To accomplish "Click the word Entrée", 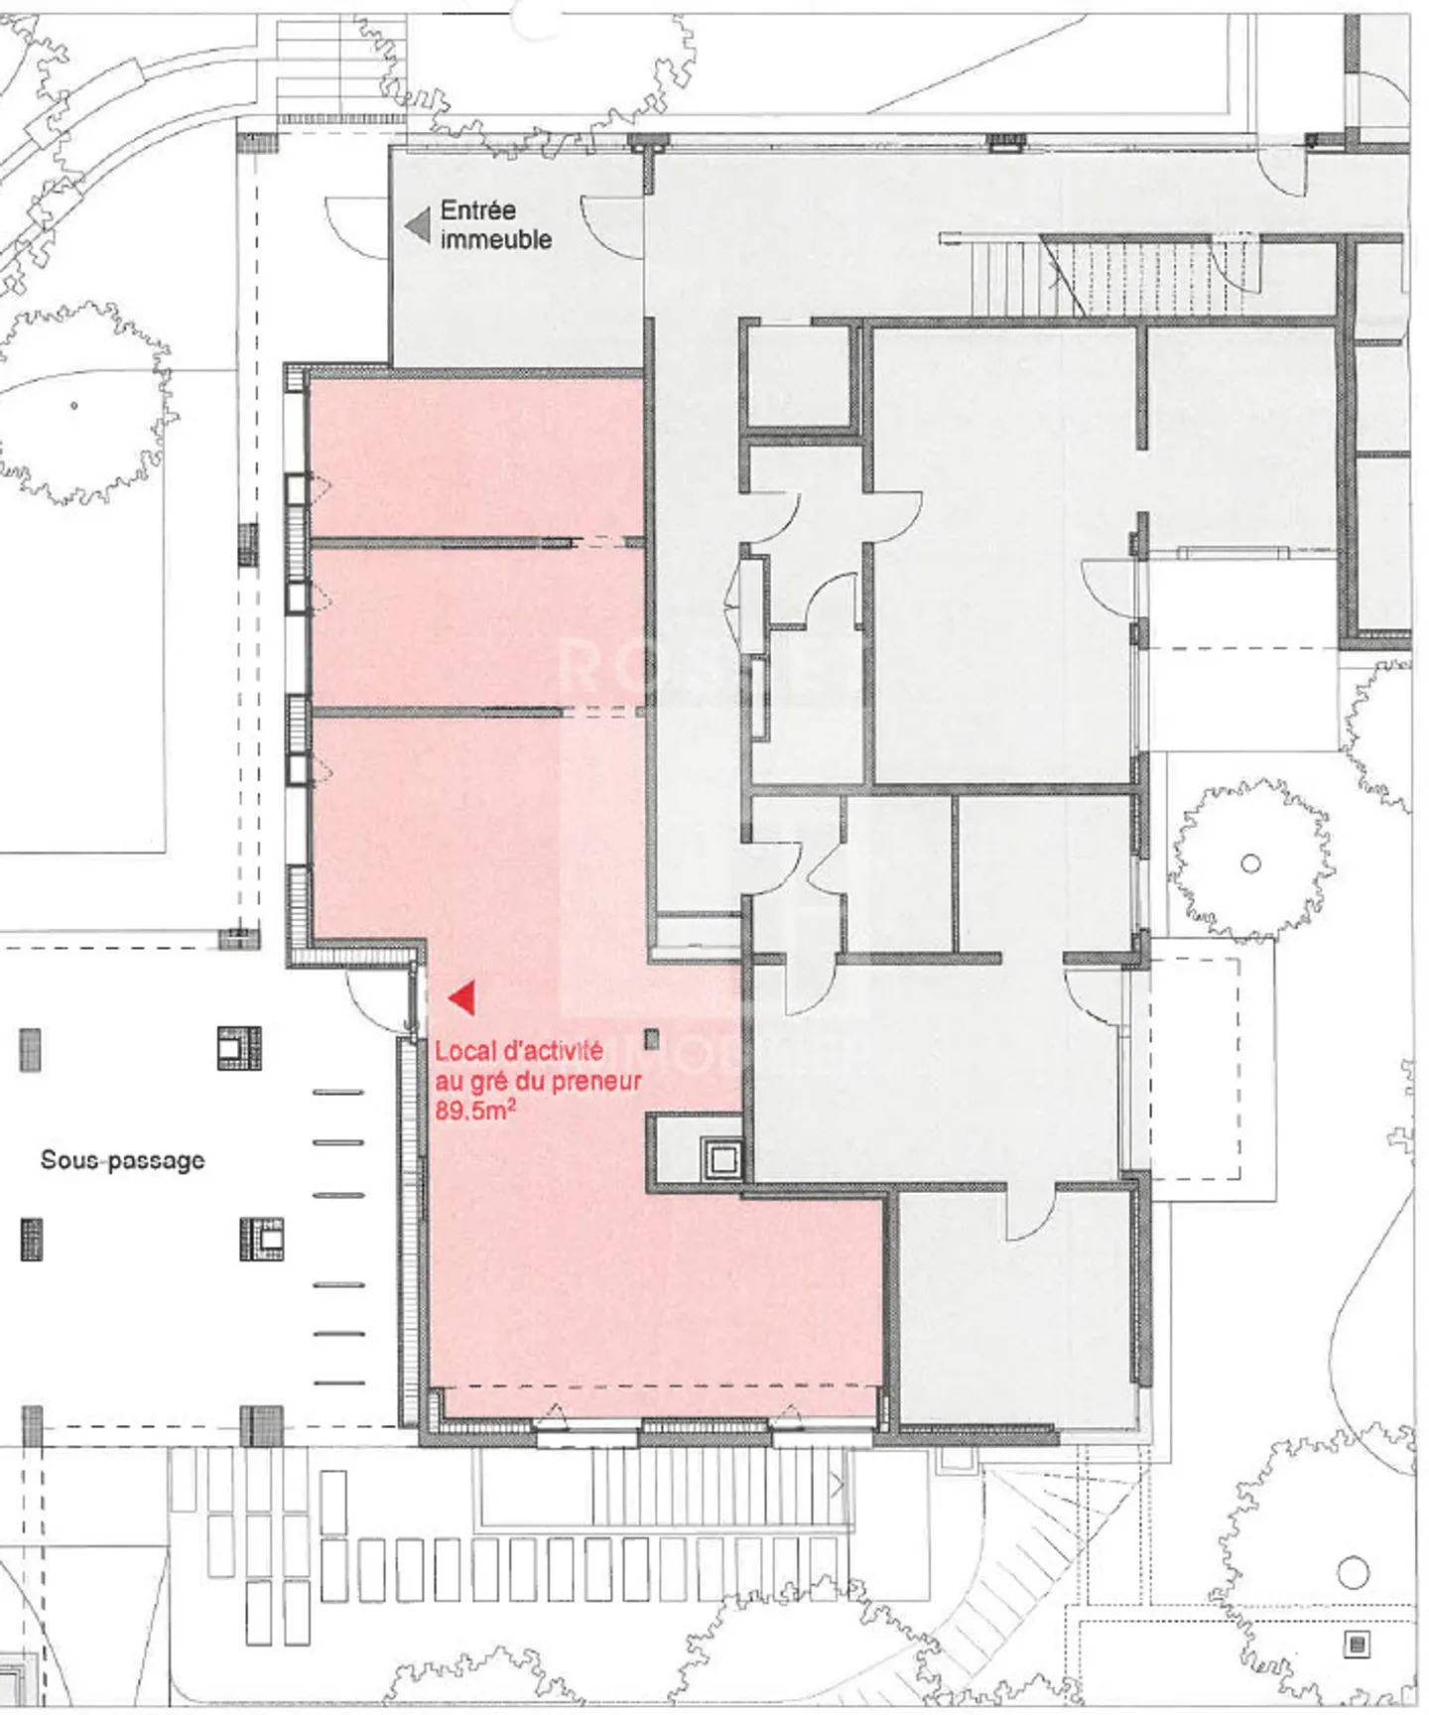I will click(x=477, y=210).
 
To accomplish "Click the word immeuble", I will click(x=495, y=239).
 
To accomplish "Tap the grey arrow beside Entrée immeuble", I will click(x=417, y=225).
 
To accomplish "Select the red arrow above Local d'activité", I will click(x=461, y=998).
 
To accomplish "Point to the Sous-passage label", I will click(x=122, y=1160).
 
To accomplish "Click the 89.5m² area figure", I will click(x=474, y=1111).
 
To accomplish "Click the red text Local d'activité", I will click(x=518, y=1051).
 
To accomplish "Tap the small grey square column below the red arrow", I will click(x=651, y=1040).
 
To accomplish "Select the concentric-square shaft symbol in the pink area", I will click(x=722, y=1159).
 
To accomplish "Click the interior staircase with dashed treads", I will click(x=1141, y=274).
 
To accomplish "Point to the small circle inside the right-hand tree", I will click(x=1250, y=863).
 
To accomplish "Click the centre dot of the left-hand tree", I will click(x=74, y=405).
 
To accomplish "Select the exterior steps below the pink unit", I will click(x=714, y=1489).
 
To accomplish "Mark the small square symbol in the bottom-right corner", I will click(x=1357, y=1645).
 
